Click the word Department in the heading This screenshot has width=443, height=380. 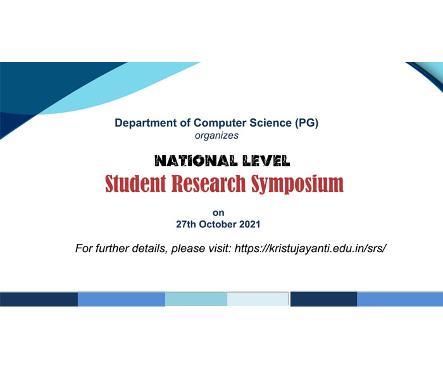pyautogui.click(x=146, y=123)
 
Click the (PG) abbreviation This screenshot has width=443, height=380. pyautogui.click(x=306, y=123)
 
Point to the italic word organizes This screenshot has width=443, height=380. pyautogui.click(x=216, y=136)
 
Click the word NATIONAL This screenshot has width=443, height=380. pyautogui.click(x=196, y=161)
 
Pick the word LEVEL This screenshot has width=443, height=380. pyautogui.click(x=266, y=161)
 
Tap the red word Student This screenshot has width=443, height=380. pyautogui.click(x=135, y=183)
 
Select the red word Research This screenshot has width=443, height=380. pyautogui.click(x=208, y=183)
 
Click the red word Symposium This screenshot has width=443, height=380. pyautogui.click(x=297, y=184)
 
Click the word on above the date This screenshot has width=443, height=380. pyautogui.click(x=218, y=213)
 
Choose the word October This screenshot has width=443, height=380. pyautogui.click(x=218, y=224)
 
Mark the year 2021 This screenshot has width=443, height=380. pyautogui.click(x=250, y=224)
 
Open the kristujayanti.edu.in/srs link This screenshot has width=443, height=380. pyautogui.click(x=311, y=248)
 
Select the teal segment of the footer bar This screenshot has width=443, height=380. pyautogui.click(x=196, y=299)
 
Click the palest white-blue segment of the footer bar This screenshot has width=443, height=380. pyautogui.click(x=258, y=299)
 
